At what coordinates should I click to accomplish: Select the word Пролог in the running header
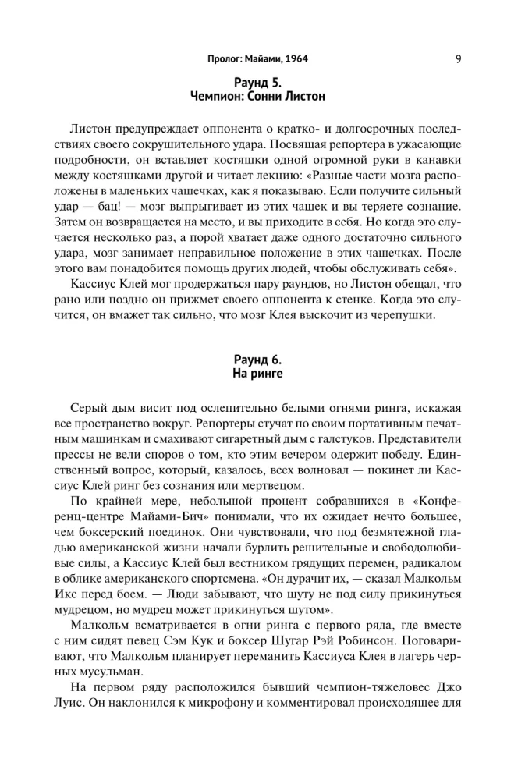point(228,58)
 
